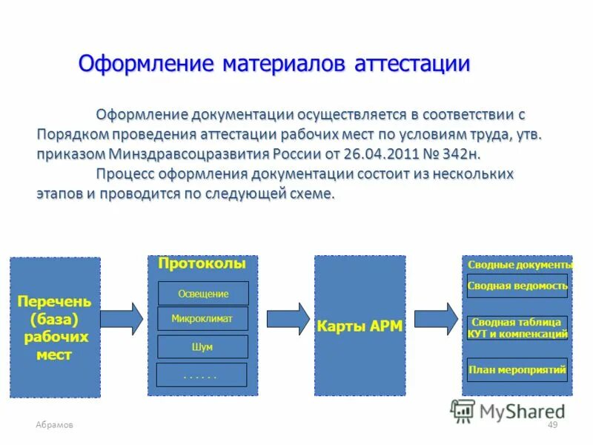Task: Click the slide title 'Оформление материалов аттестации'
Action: click(274, 64)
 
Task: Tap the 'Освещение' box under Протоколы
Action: click(203, 294)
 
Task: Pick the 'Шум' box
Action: click(202, 346)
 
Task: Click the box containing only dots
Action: click(201, 375)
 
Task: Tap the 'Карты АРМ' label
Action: click(360, 326)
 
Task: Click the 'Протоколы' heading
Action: click(202, 264)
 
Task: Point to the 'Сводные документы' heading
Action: click(520, 265)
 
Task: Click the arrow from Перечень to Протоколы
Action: click(122, 318)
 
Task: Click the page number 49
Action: click(551, 424)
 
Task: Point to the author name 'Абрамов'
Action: click(54, 424)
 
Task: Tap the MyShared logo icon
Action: click(463, 410)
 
